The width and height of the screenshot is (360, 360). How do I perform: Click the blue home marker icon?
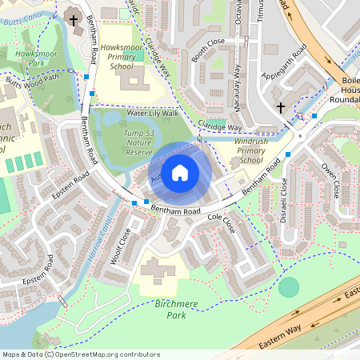tap(180, 171)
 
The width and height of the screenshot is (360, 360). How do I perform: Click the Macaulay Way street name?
tap(238, 80)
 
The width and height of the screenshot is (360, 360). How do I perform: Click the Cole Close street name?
tap(221, 223)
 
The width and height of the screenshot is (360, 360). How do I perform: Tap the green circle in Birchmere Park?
tap(289, 287)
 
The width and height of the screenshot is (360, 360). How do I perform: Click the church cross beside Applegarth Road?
tap(281, 107)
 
